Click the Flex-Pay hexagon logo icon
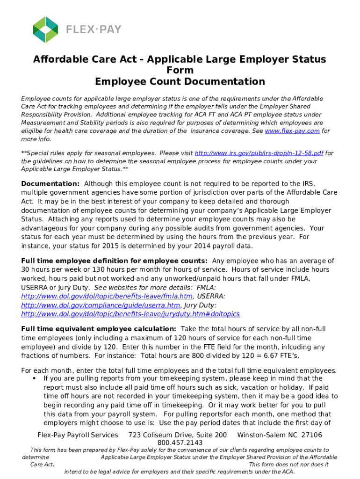45,29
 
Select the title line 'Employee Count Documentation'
180,82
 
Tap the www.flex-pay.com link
292,131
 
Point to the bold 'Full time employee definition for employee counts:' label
115,261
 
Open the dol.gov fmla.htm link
108,296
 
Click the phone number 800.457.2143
180,443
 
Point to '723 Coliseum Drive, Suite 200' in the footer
178,435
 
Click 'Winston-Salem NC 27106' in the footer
280,435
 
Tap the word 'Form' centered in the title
180,70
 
